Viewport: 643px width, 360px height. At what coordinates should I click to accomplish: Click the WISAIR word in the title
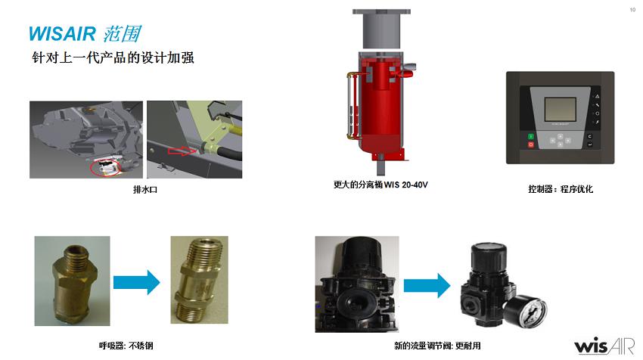pyautogui.click(x=62, y=33)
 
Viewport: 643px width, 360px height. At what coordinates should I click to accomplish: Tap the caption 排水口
pyautogui.click(x=145, y=189)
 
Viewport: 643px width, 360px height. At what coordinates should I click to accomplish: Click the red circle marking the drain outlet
pyautogui.click(x=105, y=167)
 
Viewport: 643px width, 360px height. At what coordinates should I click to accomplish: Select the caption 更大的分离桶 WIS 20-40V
pyautogui.click(x=381, y=185)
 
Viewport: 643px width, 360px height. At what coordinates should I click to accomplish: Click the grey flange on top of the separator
pyautogui.click(x=381, y=11)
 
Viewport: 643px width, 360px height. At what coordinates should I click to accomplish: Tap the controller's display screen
pyautogui.click(x=560, y=109)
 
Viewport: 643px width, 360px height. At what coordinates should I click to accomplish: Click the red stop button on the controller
pyautogui.click(x=530, y=144)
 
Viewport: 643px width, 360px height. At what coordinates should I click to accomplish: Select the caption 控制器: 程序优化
pyautogui.click(x=560, y=189)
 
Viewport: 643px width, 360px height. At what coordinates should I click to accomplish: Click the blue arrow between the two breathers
pyautogui.click(x=137, y=282)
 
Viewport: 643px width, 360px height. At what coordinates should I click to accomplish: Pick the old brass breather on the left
pyautogui.click(x=72, y=281)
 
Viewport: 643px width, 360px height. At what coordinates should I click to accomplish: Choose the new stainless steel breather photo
pyautogui.click(x=199, y=280)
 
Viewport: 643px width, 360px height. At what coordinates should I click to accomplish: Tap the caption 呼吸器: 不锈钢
pyautogui.click(x=126, y=346)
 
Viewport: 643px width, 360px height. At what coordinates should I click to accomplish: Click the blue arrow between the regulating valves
pyautogui.click(x=427, y=285)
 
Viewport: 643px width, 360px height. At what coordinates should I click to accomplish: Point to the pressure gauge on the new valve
pyautogui.click(x=525, y=312)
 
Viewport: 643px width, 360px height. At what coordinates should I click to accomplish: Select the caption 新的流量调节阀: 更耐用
pyautogui.click(x=437, y=346)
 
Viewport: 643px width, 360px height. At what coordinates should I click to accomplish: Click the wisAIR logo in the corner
pyautogui.click(x=604, y=346)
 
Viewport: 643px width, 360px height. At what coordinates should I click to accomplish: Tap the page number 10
pyautogui.click(x=632, y=10)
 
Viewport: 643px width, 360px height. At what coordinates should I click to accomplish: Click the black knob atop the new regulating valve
pyautogui.click(x=489, y=256)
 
